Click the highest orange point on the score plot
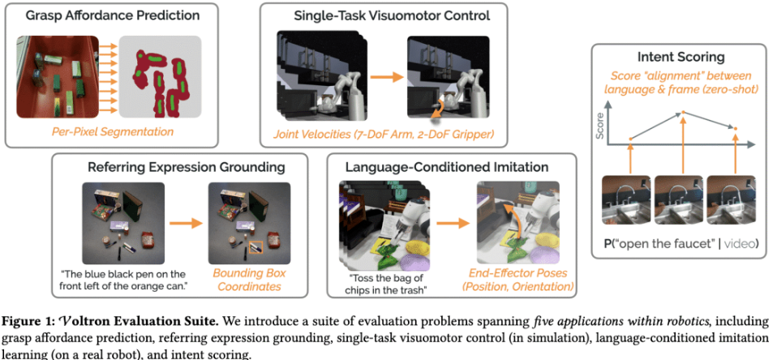(683, 112)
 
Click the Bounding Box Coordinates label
(249, 280)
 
